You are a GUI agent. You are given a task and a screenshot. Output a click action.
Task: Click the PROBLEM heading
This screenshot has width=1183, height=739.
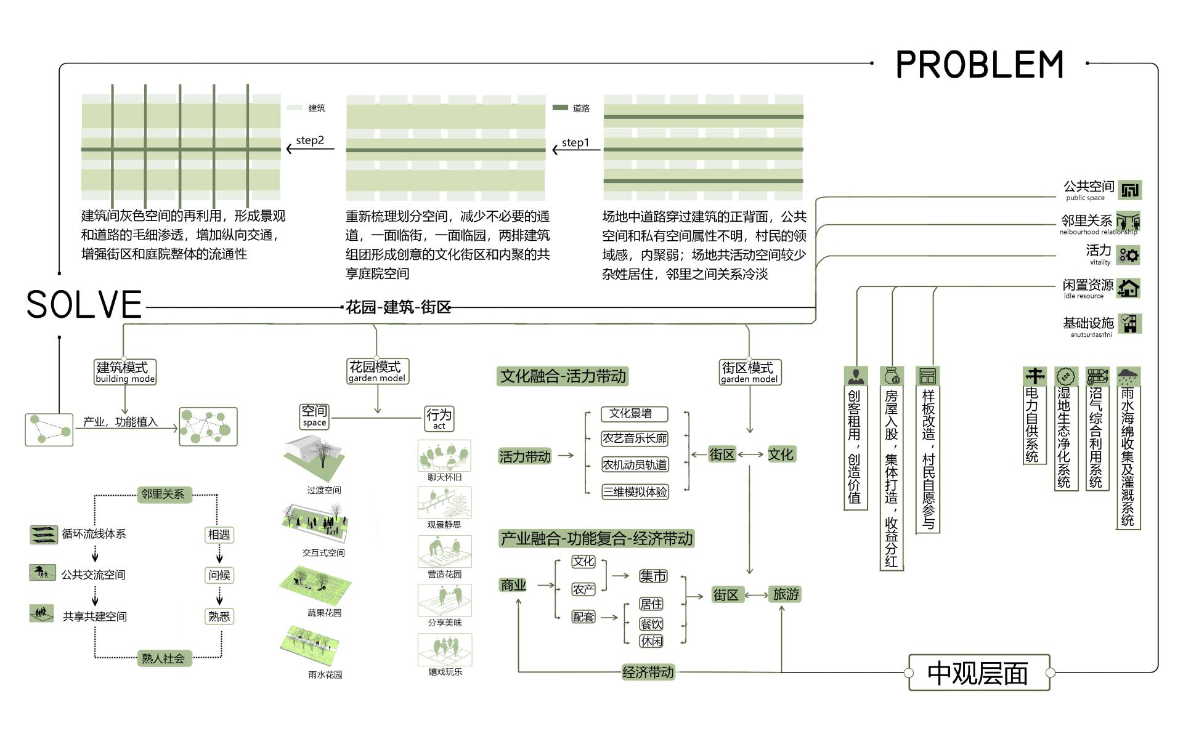tap(980, 65)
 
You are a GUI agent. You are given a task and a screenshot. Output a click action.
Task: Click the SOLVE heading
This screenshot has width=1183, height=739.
tap(84, 304)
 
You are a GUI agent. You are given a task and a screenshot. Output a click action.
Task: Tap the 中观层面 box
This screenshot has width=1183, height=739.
tap(978, 672)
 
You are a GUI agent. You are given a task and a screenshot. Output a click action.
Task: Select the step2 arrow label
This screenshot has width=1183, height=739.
tap(310, 140)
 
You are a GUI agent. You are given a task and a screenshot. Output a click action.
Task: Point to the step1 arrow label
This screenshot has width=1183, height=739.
tap(575, 143)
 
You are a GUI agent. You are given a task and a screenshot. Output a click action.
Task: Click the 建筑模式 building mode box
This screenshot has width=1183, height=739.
tap(125, 372)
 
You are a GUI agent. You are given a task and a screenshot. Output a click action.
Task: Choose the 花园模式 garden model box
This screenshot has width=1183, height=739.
tap(377, 371)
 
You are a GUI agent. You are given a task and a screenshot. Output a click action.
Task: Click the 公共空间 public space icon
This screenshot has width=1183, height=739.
tap(1129, 190)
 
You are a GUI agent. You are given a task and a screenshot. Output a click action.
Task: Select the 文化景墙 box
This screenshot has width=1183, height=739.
tap(634, 414)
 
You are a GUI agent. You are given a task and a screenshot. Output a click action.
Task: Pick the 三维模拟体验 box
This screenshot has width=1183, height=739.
tap(635, 491)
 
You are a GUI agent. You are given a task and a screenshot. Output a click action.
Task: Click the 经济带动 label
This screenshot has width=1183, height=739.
tap(648, 672)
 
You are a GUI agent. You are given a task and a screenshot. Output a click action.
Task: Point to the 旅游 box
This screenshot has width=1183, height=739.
tap(786, 594)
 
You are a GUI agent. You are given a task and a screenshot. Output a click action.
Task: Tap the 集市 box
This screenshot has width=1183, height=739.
tap(653, 576)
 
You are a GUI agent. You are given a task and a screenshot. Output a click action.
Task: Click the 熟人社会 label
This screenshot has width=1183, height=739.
tap(163, 658)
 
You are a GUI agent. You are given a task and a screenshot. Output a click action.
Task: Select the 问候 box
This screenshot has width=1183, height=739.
tap(219, 575)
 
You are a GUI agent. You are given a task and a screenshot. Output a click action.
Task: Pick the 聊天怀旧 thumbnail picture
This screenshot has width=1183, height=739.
tap(444, 456)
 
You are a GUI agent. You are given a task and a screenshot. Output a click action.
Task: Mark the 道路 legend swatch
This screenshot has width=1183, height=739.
tap(560, 108)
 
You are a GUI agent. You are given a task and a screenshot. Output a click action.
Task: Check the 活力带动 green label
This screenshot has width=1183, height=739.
tap(524, 456)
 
